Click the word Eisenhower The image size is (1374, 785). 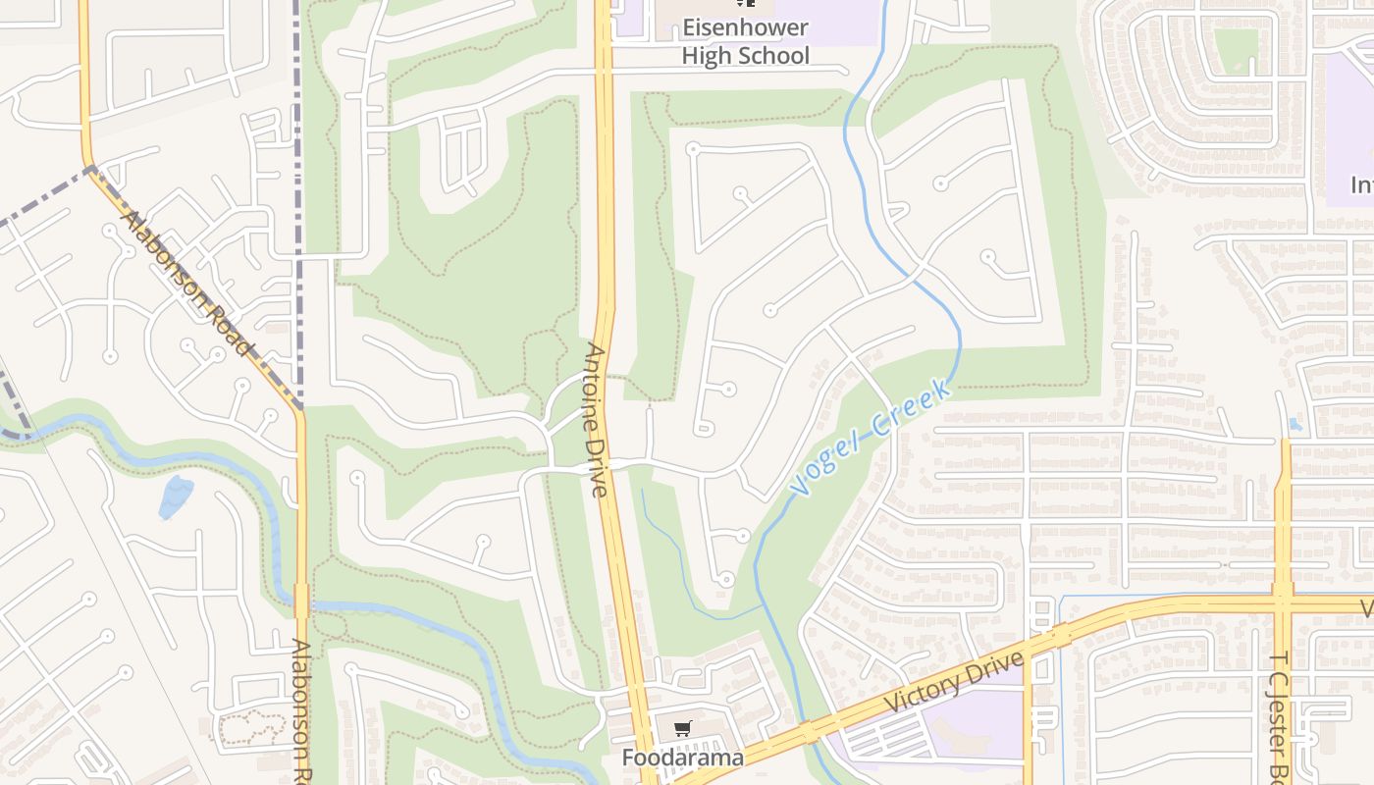[746, 28]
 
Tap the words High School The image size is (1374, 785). [746, 55]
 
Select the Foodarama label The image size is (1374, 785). [682, 758]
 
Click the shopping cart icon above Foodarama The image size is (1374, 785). [683, 728]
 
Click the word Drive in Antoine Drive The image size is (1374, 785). [601, 461]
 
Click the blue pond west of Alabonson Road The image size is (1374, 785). [175, 496]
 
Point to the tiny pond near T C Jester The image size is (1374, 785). [1295, 425]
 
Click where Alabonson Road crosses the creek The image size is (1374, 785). [301, 600]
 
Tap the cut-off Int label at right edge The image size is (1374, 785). [1360, 184]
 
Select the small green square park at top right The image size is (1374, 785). [1236, 49]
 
